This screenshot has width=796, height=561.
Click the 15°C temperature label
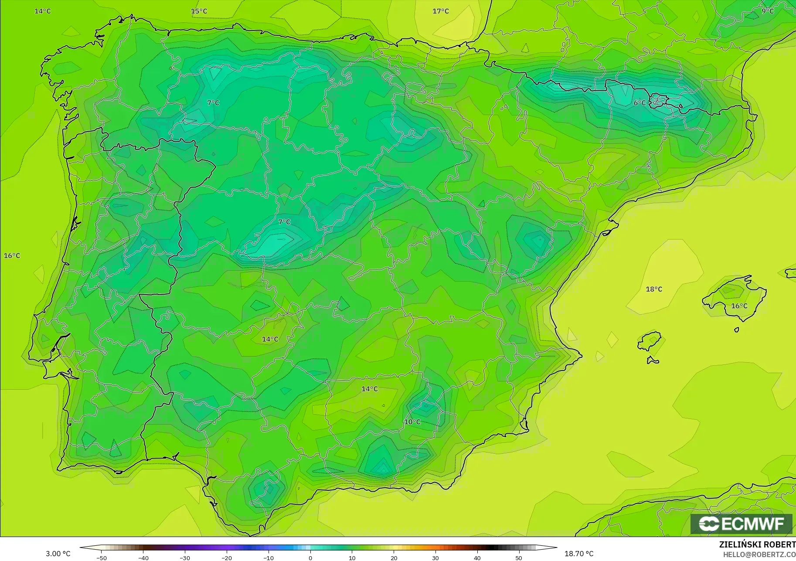point(199,11)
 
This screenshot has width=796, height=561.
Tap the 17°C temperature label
point(441,11)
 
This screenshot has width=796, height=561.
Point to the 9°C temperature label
point(768,11)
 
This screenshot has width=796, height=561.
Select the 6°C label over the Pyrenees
point(640,103)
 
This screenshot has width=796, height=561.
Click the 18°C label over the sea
point(654,289)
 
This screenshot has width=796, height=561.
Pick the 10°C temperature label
point(412,422)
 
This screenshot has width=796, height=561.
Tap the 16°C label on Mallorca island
point(739,306)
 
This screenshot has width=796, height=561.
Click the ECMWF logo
point(741,524)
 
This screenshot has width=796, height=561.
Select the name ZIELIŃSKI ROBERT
point(757,544)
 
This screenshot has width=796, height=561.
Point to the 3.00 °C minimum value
point(58,554)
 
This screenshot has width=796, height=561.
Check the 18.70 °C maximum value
point(579,554)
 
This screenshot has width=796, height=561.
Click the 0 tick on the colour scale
point(310,558)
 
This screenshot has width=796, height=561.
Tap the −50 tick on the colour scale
point(102,558)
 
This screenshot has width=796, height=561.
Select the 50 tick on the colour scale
point(519,558)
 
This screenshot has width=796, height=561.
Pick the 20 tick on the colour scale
point(394,558)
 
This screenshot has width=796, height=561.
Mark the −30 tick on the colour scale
point(185,558)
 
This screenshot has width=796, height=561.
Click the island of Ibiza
point(650,341)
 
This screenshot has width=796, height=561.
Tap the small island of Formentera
point(653,360)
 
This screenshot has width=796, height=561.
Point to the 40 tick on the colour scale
point(477,558)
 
